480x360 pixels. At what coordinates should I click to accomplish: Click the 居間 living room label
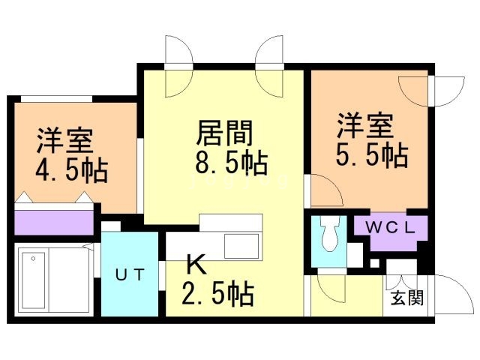(x=224, y=133)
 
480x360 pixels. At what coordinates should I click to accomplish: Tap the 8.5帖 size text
(x=232, y=163)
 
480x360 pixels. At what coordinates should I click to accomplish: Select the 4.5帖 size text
(x=72, y=170)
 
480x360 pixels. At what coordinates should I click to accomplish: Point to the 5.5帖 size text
(x=372, y=154)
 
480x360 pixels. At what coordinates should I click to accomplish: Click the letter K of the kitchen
(x=196, y=265)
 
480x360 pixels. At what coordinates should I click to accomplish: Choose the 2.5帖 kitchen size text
(x=218, y=294)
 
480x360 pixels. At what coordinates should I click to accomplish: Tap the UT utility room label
(x=130, y=274)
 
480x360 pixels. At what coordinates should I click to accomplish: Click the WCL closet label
(x=391, y=227)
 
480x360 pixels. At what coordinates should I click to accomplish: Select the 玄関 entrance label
(x=407, y=297)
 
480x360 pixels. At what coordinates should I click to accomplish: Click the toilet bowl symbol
(x=329, y=233)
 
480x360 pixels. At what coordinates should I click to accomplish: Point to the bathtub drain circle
(x=33, y=259)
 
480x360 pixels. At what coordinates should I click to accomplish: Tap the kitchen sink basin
(x=241, y=247)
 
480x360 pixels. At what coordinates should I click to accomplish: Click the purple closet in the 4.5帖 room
(x=54, y=223)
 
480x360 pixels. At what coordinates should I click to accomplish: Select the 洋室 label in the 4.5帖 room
(x=65, y=142)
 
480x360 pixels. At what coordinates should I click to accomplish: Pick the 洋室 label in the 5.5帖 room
(x=365, y=126)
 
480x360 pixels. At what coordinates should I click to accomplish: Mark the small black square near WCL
(x=374, y=263)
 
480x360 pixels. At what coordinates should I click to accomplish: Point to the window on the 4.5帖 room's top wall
(x=56, y=99)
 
